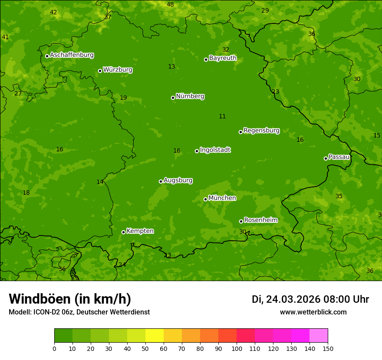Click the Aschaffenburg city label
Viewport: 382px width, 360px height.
(72, 55)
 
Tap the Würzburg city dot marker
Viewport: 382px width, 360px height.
(100, 71)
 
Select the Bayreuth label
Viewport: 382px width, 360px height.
(223, 58)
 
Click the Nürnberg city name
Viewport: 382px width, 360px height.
(190, 96)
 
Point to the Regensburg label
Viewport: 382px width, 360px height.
(261, 131)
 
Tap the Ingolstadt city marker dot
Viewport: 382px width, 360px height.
(197, 151)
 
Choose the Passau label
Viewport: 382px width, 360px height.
(339, 157)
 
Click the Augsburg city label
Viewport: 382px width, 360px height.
(178, 180)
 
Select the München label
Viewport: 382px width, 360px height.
(222, 198)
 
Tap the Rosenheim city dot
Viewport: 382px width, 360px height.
(241, 221)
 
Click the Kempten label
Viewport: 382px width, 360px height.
(140, 231)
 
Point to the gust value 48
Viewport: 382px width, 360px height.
(170, 5)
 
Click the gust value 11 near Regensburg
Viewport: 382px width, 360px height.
(222, 117)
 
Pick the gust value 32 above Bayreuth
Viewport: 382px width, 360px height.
(226, 50)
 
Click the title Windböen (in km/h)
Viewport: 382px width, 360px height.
(70, 299)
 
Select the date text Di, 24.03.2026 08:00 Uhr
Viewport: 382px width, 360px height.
(310, 299)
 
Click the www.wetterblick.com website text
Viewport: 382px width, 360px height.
(313, 312)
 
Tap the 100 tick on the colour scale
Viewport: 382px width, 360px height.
(237, 348)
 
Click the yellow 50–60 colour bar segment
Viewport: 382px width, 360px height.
(155, 336)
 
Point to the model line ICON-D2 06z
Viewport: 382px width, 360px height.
(79, 312)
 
